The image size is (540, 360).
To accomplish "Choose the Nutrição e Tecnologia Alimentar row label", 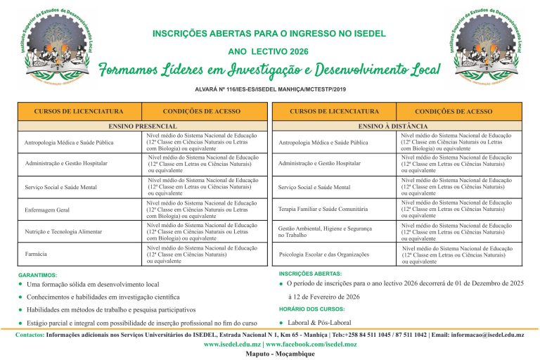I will point(63,231).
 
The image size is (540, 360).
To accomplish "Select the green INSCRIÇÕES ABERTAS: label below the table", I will point(310,273).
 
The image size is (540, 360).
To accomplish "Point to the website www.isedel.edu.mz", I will point(233,345).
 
